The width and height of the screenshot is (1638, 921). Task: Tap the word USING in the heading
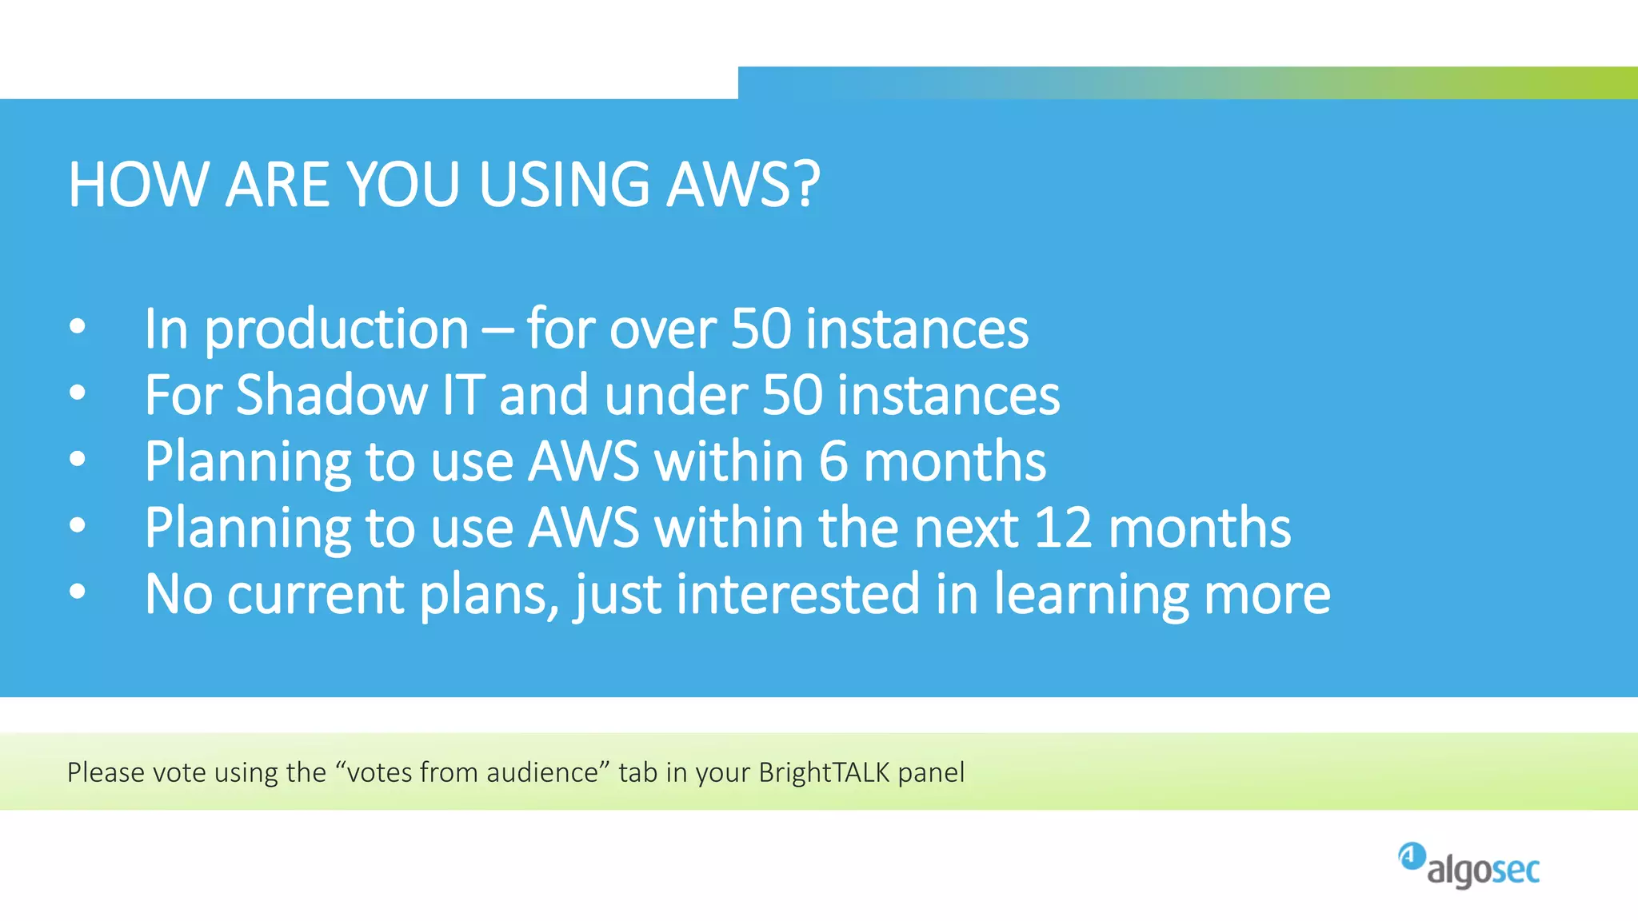(564, 185)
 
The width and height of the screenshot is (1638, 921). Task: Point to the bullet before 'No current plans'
(77, 592)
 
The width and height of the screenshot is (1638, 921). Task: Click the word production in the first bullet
(336, 330)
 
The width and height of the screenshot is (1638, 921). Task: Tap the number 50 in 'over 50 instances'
(760, 329)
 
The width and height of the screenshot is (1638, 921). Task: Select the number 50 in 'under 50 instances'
(792, 395)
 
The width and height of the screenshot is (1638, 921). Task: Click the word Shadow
(332, 395)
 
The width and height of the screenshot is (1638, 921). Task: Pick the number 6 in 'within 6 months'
(833, 461)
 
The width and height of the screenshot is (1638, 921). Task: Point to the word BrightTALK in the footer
(824, 772)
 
